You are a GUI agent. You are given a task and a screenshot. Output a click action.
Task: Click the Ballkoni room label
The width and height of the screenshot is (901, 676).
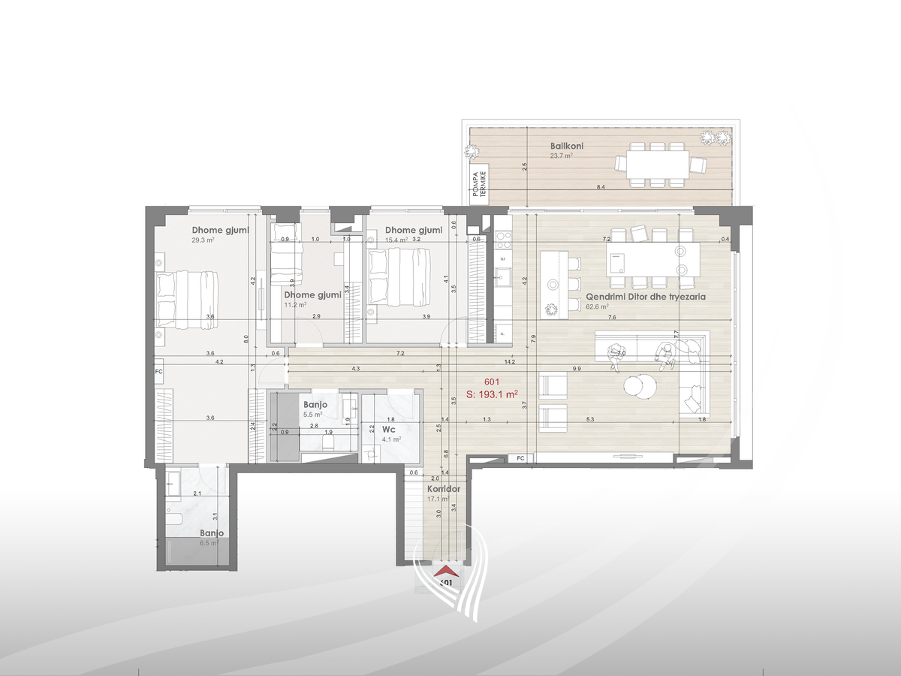(x=567, y=146)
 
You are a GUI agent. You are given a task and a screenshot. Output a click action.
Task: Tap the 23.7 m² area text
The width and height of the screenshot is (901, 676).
(x=561, y=156)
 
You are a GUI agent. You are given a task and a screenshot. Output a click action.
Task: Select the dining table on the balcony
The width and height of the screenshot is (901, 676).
(x=652, y=162)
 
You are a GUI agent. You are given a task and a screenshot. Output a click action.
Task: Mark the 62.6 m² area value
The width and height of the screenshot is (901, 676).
(x=597, y=306)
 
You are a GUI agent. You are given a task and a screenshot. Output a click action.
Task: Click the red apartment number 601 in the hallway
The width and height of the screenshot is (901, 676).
(x=493, y=381)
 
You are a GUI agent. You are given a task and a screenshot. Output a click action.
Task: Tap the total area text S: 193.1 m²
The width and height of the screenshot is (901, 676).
(x=493, y=393)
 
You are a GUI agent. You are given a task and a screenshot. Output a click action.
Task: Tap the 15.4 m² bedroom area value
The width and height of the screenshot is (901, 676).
(x=396, y=240)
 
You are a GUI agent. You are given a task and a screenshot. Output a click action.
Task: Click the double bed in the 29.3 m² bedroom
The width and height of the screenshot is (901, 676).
(x=188, y=300)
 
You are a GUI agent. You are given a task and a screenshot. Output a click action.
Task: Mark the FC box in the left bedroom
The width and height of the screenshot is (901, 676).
(x=158, y=371)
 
